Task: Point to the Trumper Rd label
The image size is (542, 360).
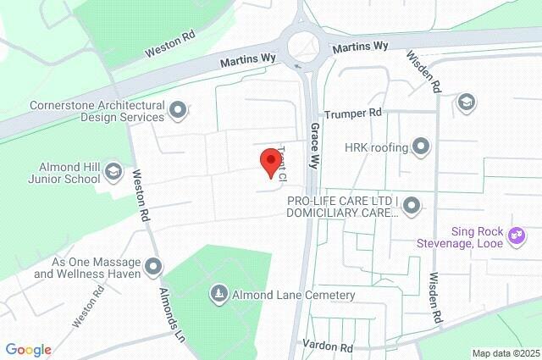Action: (354, 113)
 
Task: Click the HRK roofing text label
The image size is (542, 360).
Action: (377, 147)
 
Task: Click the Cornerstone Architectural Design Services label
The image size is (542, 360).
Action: (96, 111)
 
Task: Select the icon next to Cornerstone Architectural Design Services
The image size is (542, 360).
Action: (178, 108)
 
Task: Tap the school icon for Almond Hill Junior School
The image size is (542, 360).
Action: (113, 173)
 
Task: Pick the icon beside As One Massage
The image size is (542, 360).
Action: (153, 268)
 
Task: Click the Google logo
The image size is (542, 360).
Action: (28, 350)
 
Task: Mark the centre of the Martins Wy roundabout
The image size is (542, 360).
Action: (303, 46)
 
